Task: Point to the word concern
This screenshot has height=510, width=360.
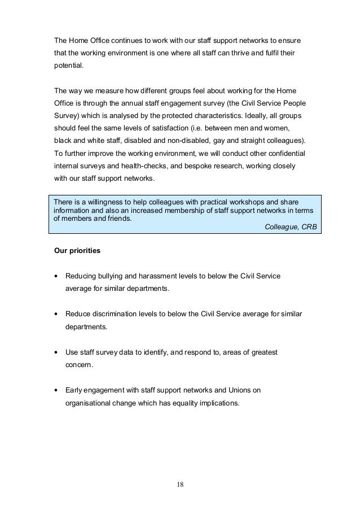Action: (x=79, y=365)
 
